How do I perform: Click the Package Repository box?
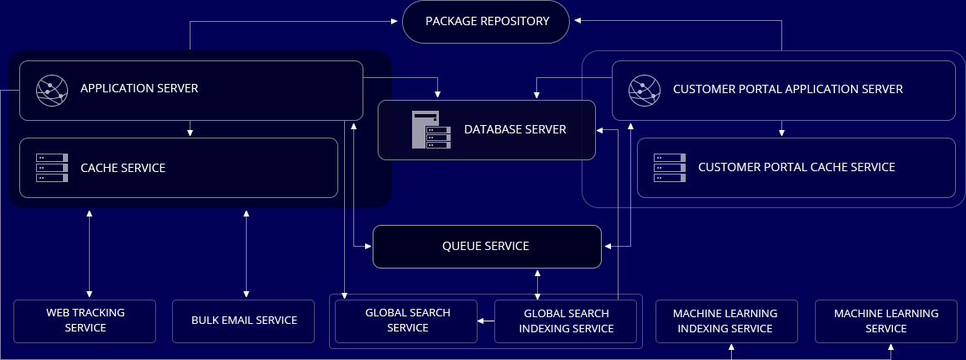487,21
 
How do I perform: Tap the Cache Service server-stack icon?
51,168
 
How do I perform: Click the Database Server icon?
426,130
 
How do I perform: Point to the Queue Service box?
487,247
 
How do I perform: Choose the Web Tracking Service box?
85,321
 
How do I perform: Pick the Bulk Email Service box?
244,321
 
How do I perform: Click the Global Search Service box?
407,321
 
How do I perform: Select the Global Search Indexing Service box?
566,321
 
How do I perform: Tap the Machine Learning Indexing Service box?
725,321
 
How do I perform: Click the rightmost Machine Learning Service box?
885,321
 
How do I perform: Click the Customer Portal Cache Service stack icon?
669,168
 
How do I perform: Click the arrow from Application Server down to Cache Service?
191,128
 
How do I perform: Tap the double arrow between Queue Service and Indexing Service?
537,284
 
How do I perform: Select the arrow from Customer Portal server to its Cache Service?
781,128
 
